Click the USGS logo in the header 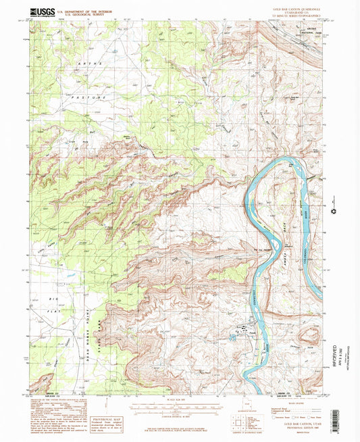tap(42, 11)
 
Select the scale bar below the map tap(179, 407)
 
